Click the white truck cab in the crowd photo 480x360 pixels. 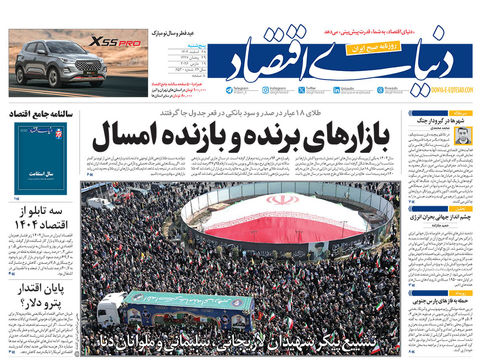[112, 307]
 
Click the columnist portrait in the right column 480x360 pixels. [463, 133]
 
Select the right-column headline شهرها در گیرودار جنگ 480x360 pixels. [440, 119]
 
